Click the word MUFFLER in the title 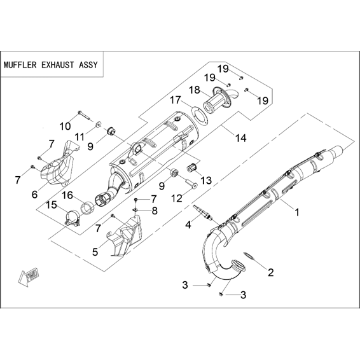20,65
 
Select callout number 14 241,138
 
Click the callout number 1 297,212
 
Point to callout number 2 271,272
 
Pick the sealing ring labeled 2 250,256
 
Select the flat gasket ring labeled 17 199,114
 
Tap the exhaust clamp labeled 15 73,218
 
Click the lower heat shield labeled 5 125,235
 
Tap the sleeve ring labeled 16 87,207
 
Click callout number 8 155,211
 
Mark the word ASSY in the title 88,65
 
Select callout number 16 67,195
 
